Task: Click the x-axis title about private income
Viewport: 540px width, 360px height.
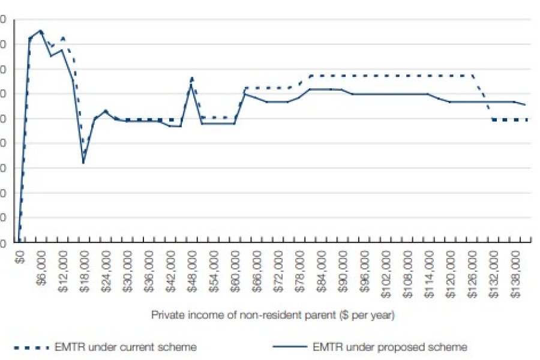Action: pos(272,314)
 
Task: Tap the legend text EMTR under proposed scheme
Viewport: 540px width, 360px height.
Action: pos(390,347)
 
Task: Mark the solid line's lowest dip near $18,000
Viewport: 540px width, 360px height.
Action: pos(83,163)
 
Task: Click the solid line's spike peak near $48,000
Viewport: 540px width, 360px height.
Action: pos(191,85)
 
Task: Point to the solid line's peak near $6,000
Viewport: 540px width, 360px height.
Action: pos(40,30)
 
